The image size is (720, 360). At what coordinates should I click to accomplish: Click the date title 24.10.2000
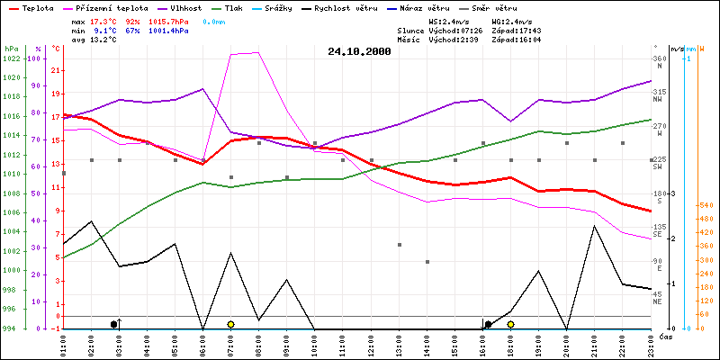(x=359, y=51)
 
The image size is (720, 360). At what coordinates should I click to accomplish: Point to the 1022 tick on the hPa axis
(x=12, y=58)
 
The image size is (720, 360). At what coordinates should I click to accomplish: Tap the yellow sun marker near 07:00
(x=230, y=324)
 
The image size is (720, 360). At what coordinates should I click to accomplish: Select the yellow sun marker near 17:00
(x=510, y=324)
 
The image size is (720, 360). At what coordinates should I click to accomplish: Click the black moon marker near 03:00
(x=113, y=324)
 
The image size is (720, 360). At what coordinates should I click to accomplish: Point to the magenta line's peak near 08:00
(x=258, y=52)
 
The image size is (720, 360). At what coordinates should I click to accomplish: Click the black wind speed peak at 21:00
(x=594, y=226)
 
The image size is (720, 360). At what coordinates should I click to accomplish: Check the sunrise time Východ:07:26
(x=457, y=30)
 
